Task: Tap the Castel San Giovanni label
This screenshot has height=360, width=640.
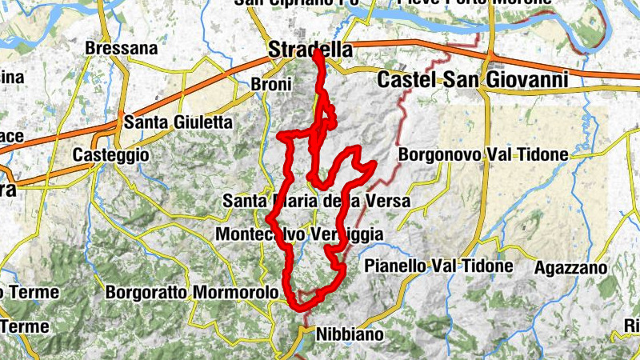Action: coord(472,80)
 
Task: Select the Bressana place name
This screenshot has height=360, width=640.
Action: coord(122,48)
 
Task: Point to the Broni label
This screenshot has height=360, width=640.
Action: coord(266,84)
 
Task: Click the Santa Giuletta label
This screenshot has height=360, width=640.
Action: coord(178,123)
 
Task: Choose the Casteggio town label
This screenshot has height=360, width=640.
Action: coord(110,154)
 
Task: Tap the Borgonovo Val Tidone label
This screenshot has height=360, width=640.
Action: coord(482,154)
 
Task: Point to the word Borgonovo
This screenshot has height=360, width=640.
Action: coord(437,154)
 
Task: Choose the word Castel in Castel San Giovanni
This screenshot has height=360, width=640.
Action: coord(404,80)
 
